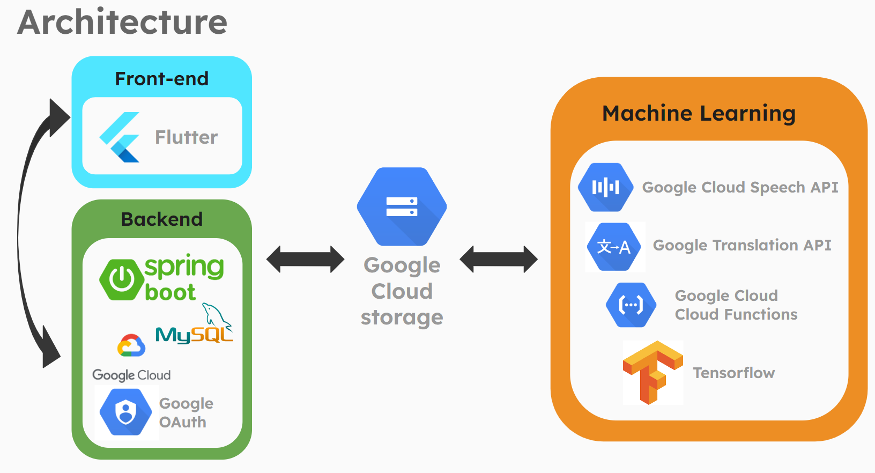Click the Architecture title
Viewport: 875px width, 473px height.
click(x=122, y=23)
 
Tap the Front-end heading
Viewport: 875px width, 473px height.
click(x=161, y=79)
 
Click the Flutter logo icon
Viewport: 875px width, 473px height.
click(x=120, y=137)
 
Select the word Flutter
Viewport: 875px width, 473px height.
click(x=186, y=137)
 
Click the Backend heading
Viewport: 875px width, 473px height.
click(x=161, y=219)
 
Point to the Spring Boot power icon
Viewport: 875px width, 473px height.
click(x=122, y=279)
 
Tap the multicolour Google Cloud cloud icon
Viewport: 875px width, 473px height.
click(x=131, y=346)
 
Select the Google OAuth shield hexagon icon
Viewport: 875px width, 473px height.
click(x=126, y=412)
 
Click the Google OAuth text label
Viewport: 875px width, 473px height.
click(x=186, y=413)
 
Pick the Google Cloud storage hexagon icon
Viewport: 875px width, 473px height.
click(x=402, y=206)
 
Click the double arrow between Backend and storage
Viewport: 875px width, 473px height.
click(x=306, y=260)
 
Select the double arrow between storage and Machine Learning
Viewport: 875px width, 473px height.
click(x=499, y=260)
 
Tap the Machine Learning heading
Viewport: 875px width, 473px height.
click(x=699, y=114)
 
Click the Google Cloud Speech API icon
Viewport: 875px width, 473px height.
click(x=605, y=187)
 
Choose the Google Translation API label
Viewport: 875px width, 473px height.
click(x=741, y=245)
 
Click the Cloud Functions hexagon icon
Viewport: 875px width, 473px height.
click(x=631, y=305)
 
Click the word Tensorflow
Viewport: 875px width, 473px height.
click(x=733, y=373)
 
